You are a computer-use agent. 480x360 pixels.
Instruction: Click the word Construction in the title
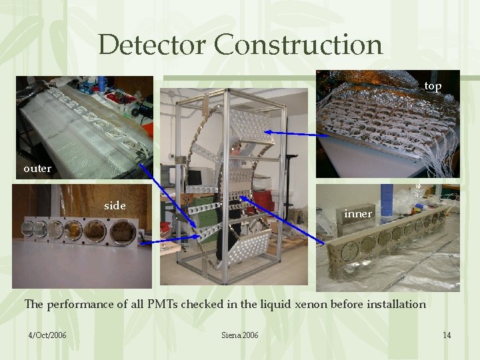point(298,45)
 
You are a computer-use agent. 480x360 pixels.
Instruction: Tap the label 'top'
point(433,86)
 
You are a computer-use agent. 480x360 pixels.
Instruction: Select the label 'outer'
point(37,169)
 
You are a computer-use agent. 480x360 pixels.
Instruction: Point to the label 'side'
point(115,206)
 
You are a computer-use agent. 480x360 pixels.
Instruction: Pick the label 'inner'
point(358,214)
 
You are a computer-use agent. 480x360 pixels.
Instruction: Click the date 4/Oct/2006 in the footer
point(47,335)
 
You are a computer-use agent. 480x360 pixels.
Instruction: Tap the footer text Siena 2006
point(239,335)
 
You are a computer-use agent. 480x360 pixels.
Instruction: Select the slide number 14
point(447,335)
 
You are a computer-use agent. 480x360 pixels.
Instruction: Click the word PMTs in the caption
point(159,305)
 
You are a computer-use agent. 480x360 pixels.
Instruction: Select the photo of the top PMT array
point(387,123)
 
